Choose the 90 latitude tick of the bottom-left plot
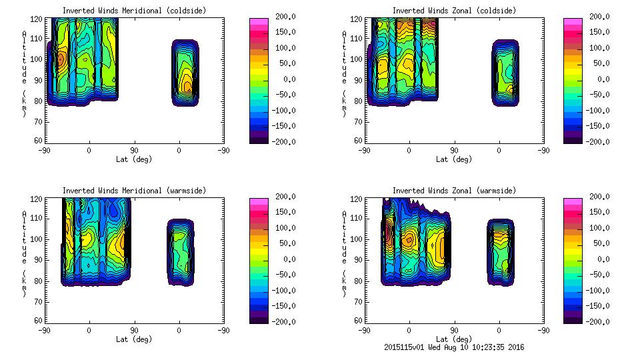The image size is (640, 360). coord(134,329)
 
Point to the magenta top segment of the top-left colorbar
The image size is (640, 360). coord(259,22)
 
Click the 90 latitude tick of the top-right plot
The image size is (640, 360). coord(454,149)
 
